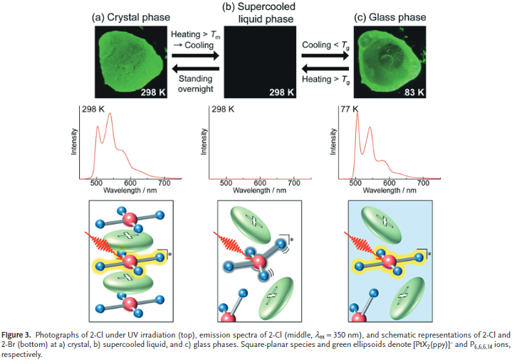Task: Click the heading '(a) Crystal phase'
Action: pyautogui.click(x=131, y=18)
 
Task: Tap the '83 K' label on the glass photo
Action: pyautogui.click(x=414, y=92)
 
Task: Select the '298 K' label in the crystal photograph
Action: pyautogui.click(x=153, y=92)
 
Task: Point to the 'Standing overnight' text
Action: pyautogui.click(x=196, y=84)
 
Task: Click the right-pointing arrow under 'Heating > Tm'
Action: pyautogui.click(x=196, y=55)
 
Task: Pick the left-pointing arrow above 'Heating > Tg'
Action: pyautogui.click(x=325, y=69)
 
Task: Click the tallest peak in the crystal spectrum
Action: pyautogui.click(x=110, y=114)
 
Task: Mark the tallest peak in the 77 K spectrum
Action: pyautogui.click(x=357, y=113)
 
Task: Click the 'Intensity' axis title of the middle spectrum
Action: pyautogui.click(x=204, y=141)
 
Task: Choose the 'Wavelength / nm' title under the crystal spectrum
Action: pyautogui.click(x=130, y=191)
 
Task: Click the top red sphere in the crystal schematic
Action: pyautogui.click(x=130, y=218)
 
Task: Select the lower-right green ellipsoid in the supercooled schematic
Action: pyautogui.click(x=276, y=298)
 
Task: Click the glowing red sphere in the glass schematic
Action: pyautogui.click(x=389, y=262)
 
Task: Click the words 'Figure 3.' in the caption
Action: pyautogui.click(x=16, y=335)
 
